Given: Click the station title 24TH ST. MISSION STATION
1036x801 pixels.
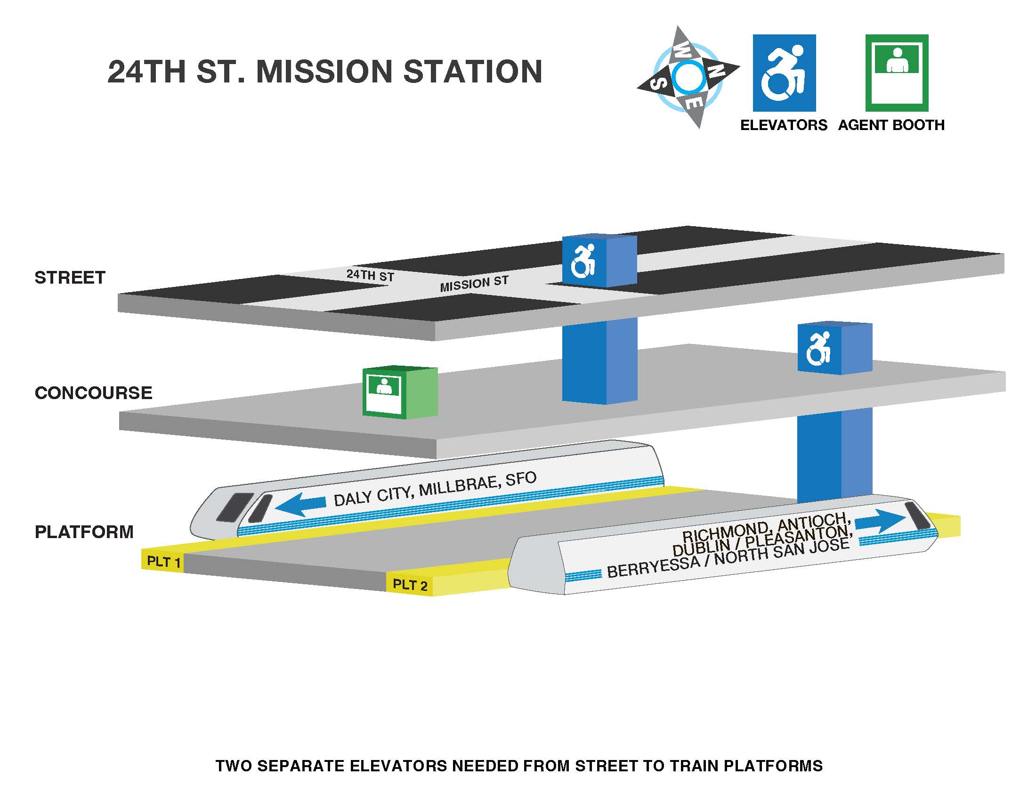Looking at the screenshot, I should pyautogui.click(x=325, y=72).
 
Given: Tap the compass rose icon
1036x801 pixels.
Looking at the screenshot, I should pyautogui.click(x=688, y=77).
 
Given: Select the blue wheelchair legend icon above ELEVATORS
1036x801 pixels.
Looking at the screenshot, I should pyautogui.click(x=784, y=73).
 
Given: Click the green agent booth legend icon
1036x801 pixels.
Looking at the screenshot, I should pyautogui.click(x=897, y=73).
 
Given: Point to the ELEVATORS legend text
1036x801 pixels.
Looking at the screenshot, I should pyautogui.click(x=784, y=125).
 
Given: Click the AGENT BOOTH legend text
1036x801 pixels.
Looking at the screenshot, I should pyautogui.click(x=891, y=125).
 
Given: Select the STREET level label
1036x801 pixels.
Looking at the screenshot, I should pyautogui.click(x=70, y=278).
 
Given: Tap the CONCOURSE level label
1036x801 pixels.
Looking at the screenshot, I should pyautogui.click(x=93, y=393).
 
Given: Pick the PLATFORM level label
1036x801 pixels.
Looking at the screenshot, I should pyautogui.click(x=84, y=532).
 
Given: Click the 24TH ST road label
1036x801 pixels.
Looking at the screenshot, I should pyautogui.click(x=370, y=275).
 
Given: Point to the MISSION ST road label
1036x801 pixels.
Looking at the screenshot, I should pyautogui.click(x=474, y=284).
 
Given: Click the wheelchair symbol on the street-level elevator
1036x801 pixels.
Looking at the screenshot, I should pyautogui.click(x=583, y=261).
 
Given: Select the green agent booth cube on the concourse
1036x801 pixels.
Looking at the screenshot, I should pyautogui.click(x=399, y=392).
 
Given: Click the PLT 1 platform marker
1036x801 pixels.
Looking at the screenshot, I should pyautogui.click(x=163, y=562).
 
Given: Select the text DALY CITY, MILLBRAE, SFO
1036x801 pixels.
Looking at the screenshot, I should pyautogui.click(x=435, y=489).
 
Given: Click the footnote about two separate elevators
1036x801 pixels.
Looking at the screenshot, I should pyautogui.click(x=519, y=766).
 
